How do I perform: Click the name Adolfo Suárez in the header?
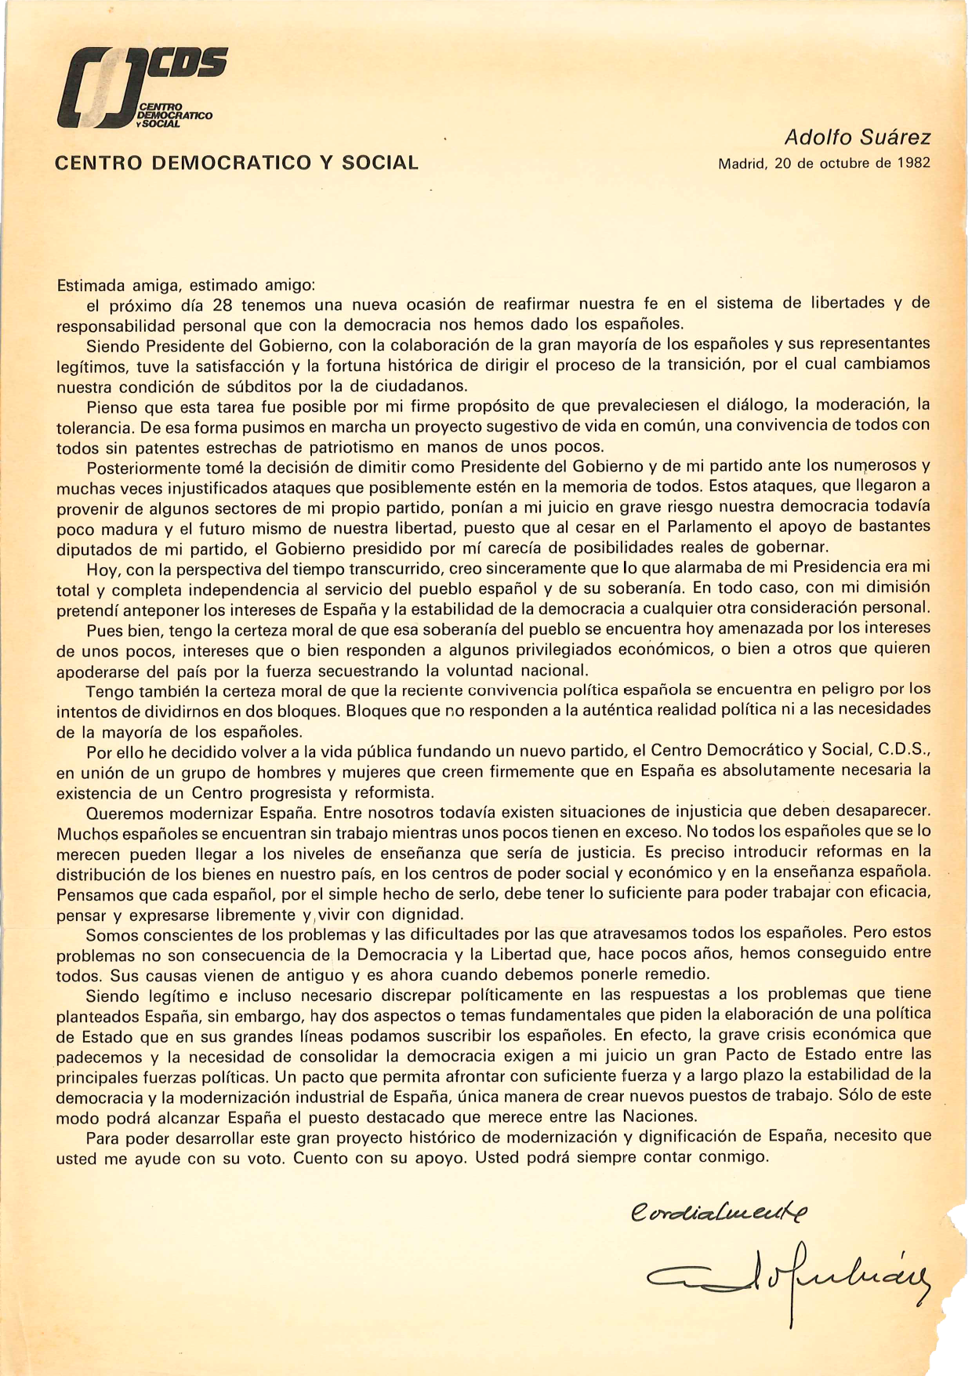857,138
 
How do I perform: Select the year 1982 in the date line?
913,164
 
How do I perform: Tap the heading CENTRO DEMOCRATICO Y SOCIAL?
237,163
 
